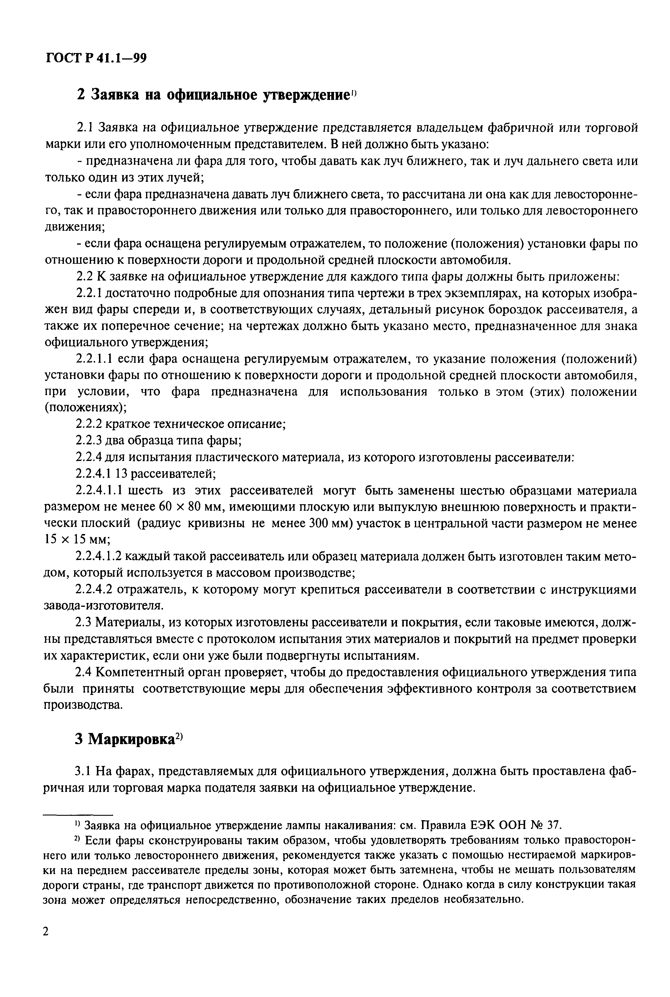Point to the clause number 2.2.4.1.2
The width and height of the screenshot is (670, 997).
99,557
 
